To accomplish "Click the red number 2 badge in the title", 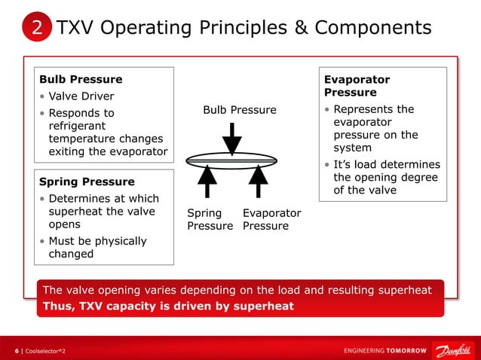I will pos(37,29).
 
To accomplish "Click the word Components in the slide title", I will pos(373,28).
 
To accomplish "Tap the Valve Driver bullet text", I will pos(81,96).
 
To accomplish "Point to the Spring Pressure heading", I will pos(87,182).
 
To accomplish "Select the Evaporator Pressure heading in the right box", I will pos(357,85).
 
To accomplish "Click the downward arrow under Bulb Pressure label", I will pos(232,137).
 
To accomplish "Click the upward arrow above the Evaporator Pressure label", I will pos(259,182).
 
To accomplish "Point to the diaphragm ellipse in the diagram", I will pos(232,159).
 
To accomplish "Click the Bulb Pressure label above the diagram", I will pos(240,110).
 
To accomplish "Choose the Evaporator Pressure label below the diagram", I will pos(271,219).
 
